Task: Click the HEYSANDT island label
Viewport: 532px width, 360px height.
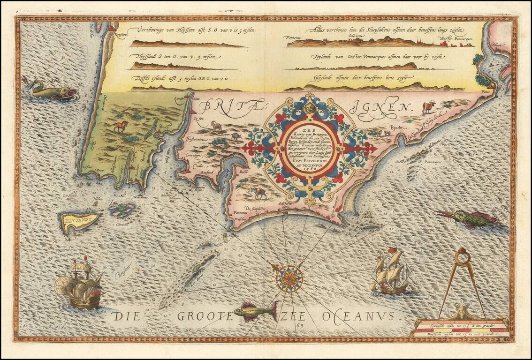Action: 79,219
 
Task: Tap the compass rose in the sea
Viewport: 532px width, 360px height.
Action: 289,278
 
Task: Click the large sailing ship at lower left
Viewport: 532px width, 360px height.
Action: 79,285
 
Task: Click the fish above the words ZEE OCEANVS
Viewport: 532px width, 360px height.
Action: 256,310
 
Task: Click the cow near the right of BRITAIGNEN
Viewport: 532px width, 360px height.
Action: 428,106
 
